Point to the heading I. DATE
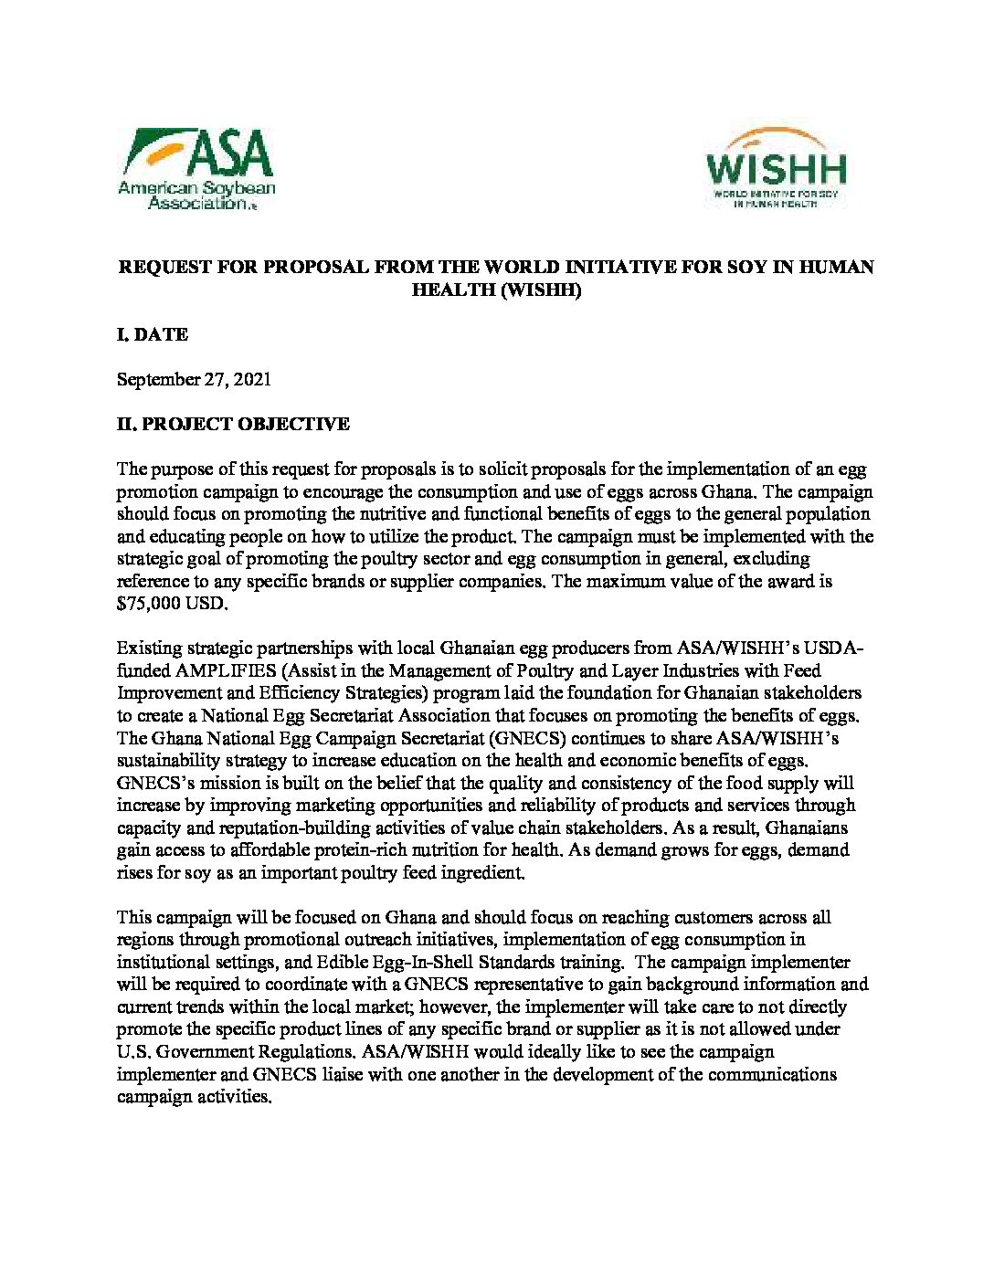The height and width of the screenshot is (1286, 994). (153, 335)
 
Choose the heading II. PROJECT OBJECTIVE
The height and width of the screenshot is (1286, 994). (233, 424)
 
